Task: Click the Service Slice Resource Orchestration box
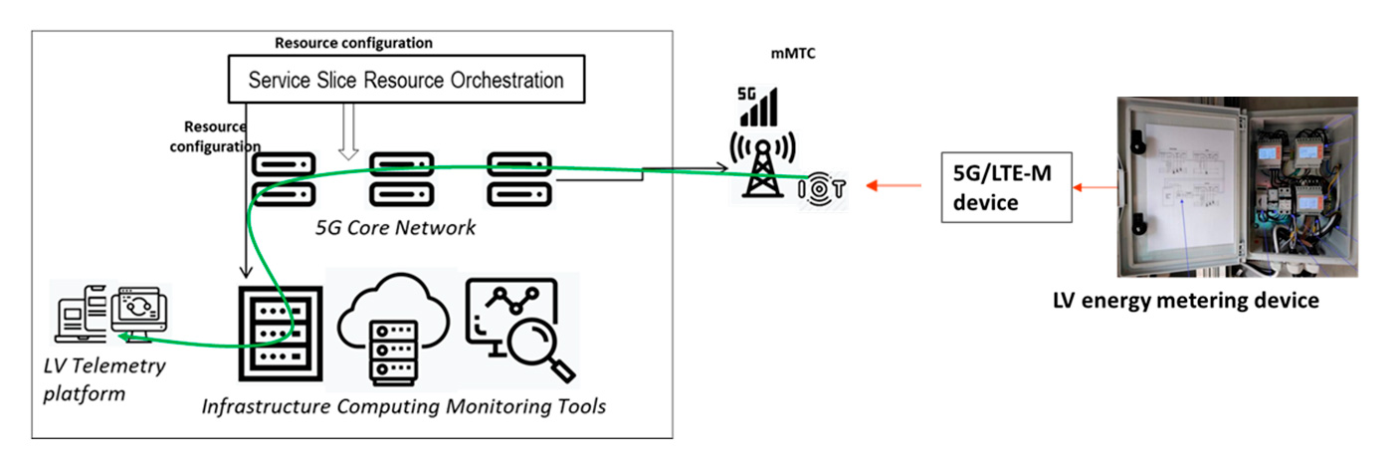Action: [406, 80]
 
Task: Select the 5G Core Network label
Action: [395, 227]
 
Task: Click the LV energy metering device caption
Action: [1185, 300]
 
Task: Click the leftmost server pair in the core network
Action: [284, 178]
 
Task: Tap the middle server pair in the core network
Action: [401, 178]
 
